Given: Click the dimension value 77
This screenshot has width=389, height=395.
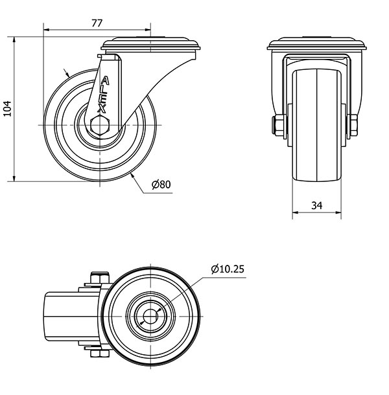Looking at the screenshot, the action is (x=97, y=23).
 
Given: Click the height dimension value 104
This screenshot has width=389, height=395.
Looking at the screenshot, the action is (x=8, y=109).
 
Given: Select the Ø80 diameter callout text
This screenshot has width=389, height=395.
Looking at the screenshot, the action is (x=161, y=185).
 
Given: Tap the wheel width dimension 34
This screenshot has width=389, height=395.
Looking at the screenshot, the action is (x=316, y=205).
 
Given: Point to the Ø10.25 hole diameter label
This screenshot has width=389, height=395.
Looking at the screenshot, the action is (x=228, y=269).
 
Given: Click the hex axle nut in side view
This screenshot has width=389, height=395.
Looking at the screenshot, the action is (x=100, y=125).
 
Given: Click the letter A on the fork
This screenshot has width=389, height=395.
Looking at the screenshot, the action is (x=105, y=81).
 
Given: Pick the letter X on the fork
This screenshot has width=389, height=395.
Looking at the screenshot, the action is (x=102, y=109).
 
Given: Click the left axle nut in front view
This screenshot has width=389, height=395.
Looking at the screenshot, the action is (x=279, y=125).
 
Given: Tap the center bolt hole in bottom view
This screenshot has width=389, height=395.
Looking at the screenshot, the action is (x=150, y=316).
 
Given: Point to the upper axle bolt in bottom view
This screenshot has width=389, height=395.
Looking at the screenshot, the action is (x=99, y=278).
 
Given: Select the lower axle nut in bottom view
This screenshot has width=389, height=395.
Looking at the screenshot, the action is (x=100, y=354).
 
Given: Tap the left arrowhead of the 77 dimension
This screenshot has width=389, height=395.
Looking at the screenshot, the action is (x=47, y=30).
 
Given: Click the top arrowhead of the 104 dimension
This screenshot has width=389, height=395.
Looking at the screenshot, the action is (x=14, y=39).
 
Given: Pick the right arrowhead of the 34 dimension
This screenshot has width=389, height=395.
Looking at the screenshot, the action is (x=338, y=212).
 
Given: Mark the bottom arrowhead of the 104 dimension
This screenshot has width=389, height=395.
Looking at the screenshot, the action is (x=14, y=178).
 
